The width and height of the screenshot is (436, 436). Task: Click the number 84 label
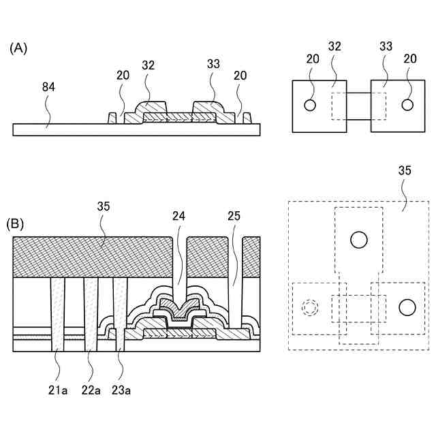pos(48,88)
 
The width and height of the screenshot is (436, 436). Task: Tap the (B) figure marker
pos(16,223)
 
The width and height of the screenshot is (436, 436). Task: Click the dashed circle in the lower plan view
pos(310,307)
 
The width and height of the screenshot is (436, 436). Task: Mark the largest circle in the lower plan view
pos(359,239)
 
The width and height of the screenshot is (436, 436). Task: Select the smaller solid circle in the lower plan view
pos(407,307)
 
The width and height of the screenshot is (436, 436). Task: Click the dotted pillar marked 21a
pos(57,313)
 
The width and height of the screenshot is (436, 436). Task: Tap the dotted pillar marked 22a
pos(91,313)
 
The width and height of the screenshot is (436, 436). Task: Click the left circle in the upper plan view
pos(310,105)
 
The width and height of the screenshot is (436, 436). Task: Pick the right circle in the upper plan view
pos(407,105)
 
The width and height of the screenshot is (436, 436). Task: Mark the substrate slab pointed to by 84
pos(68,129)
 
